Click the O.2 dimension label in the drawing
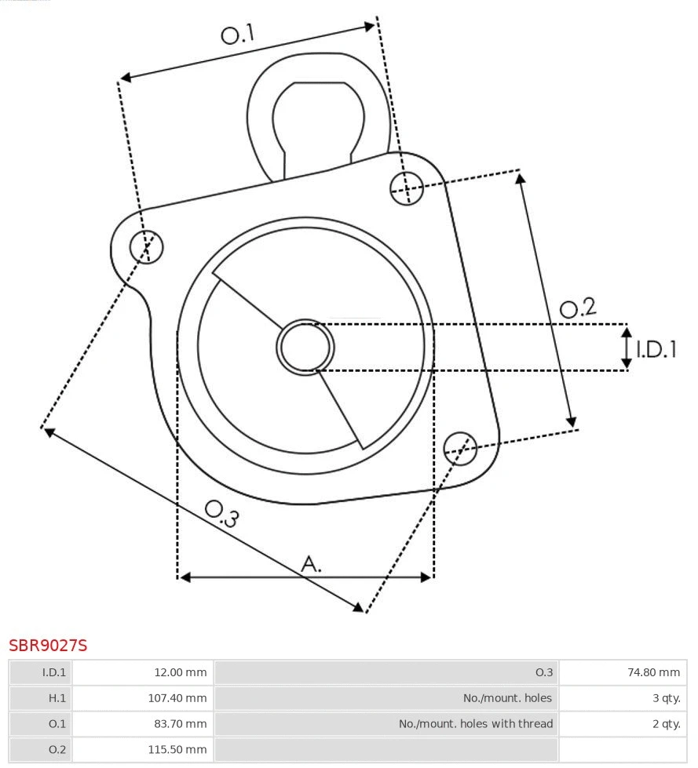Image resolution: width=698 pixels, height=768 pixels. click(x=577, y=308)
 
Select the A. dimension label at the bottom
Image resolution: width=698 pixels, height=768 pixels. click(x=312, y=563)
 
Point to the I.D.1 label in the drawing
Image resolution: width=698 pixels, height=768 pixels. click(x=656, y=349)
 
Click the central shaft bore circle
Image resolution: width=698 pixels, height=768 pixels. click(x=305, y=346)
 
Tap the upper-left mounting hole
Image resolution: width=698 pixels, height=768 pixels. click(x=147, y=246)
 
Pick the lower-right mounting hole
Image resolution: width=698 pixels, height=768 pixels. click(x=460, y=447)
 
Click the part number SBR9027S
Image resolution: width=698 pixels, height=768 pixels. click(x=48, y=646)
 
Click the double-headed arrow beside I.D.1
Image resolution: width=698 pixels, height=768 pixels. click(x=627, y=348)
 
